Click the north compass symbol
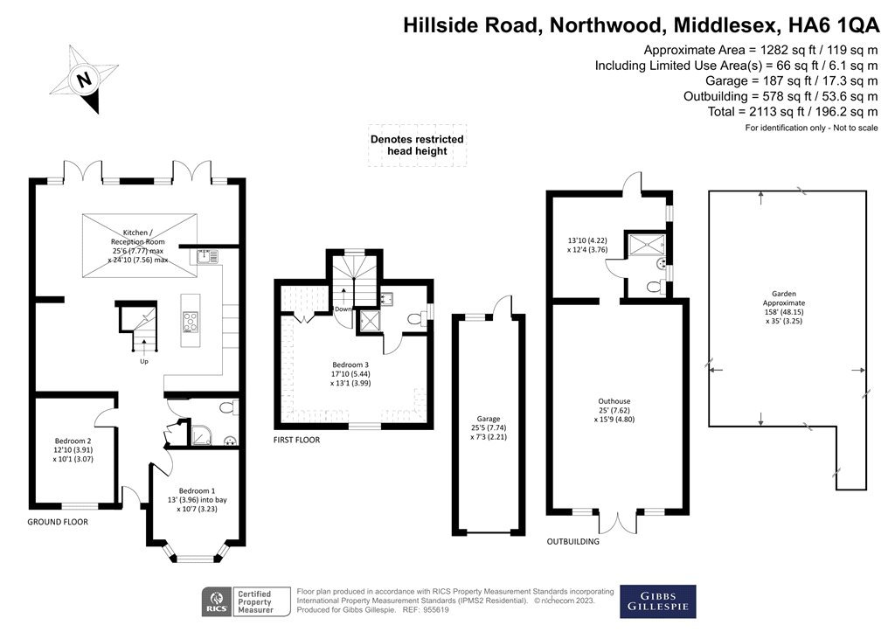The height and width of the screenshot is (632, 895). tap(85, 80)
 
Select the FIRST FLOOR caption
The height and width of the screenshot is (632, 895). tap(297, 441)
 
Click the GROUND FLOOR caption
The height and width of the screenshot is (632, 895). tap(58, 522)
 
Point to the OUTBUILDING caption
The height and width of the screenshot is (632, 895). tap(572, 542)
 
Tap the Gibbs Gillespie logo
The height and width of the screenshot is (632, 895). tap(657, 601)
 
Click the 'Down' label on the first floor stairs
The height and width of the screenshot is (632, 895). tap(344, 309)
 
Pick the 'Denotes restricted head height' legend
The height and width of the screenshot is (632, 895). tap(417, 145)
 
